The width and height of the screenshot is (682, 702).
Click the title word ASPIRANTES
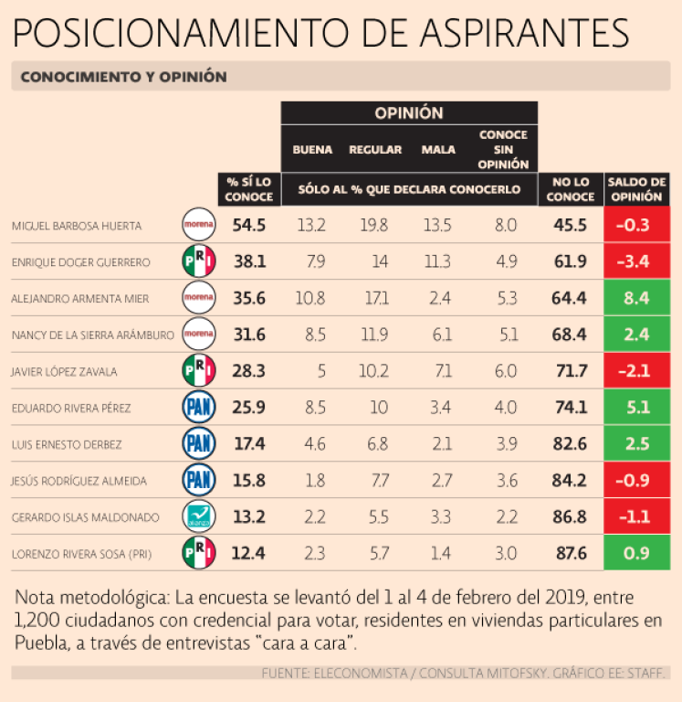[523, 34]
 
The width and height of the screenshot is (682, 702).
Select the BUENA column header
[312, 150]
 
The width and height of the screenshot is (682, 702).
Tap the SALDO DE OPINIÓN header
[636, 188]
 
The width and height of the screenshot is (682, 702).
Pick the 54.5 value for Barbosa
[248, 225]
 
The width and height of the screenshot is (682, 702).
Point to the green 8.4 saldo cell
[636, 298]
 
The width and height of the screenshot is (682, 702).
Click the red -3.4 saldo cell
[636, 261]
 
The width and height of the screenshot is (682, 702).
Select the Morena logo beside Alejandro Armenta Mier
[199, 298]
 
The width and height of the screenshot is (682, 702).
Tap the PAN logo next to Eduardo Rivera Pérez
[199, 408]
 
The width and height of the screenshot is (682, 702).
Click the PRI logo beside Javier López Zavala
[199, 371]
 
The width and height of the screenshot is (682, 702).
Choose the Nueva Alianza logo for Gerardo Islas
[199, 516]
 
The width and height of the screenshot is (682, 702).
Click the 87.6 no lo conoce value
[570, 553]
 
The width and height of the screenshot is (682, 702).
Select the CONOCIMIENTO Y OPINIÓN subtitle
[123, 77]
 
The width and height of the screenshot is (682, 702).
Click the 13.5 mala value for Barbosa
[439, 225]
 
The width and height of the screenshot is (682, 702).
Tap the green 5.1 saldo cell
[636, 408]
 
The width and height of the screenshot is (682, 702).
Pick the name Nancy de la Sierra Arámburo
[92, 335]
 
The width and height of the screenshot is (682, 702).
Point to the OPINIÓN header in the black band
[408, 113]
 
